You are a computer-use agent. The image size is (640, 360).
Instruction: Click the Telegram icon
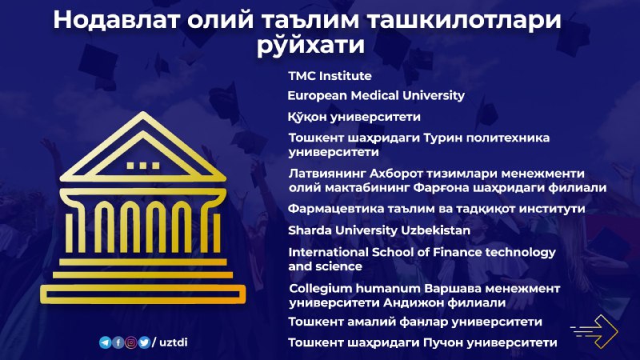(x=105, y=342)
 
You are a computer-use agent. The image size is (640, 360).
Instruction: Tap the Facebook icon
(x=118, y=342)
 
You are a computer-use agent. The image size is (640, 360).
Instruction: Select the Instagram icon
(x=131, y=342)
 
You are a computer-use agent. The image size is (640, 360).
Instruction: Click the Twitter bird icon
(x=144, y=342)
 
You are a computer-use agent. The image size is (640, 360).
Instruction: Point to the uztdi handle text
(x=173, y=342)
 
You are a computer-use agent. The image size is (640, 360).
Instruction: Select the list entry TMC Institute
(x=330, y=76)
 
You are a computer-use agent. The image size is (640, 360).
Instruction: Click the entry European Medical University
(x=376, y=95)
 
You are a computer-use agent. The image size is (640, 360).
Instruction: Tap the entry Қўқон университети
(x=354, y=117)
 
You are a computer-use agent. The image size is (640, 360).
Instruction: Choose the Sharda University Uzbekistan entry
(x=379, y=230)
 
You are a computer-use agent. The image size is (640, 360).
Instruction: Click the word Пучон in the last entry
(x=442, y=342)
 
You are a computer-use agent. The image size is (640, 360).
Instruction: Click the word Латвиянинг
(x=327, y=174)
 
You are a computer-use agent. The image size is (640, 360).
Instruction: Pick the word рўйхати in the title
(x=310, y=44)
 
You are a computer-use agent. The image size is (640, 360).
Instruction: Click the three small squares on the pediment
(x=143, y=166)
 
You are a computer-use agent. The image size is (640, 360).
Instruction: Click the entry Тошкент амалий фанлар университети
(x=415, y=322)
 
